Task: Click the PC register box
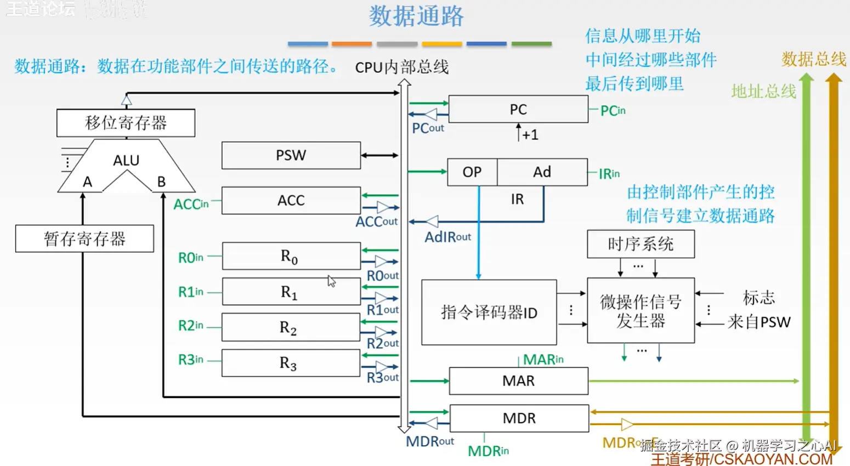518,109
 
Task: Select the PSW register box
291,155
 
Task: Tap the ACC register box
291,200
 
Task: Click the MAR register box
518,380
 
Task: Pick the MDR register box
519,418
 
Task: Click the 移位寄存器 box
126,123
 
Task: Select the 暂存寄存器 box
84,238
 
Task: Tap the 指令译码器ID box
489,312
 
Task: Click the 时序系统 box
641,244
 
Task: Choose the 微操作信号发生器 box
641,311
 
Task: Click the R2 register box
291,327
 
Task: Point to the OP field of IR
472,172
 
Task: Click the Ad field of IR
542,172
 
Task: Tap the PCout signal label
428,128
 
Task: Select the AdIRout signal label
447,237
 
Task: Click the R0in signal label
191,257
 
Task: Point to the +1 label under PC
530,135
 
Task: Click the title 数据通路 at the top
416,16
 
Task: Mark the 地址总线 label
763,91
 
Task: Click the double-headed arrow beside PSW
379,156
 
